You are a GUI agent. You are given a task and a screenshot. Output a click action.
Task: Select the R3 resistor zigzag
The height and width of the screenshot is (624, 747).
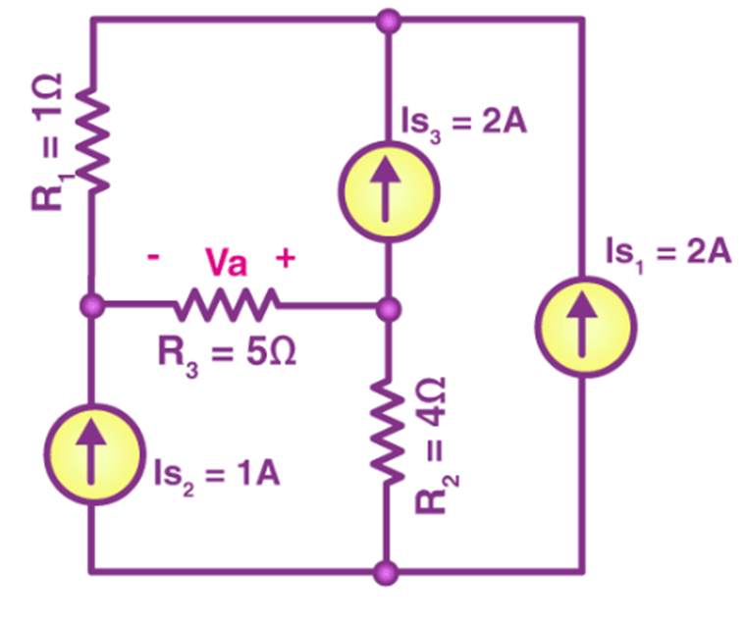point(226,306)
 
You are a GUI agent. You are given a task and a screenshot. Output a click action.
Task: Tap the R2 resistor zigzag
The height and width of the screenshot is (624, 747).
point(390,432)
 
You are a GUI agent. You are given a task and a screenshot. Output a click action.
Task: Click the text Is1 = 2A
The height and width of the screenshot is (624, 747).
point(667,253)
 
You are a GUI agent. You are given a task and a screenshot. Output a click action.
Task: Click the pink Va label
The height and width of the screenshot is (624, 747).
point(226,262)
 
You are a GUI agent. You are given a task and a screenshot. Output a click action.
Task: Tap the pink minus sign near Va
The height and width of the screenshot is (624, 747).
point(154,258)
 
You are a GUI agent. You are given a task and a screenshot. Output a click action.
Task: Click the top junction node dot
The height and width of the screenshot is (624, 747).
point(390,20)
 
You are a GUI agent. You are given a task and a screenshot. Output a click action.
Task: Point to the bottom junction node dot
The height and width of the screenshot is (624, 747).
point(390,570)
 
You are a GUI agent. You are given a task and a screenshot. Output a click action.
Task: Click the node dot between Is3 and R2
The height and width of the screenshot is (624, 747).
point(390,308)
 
